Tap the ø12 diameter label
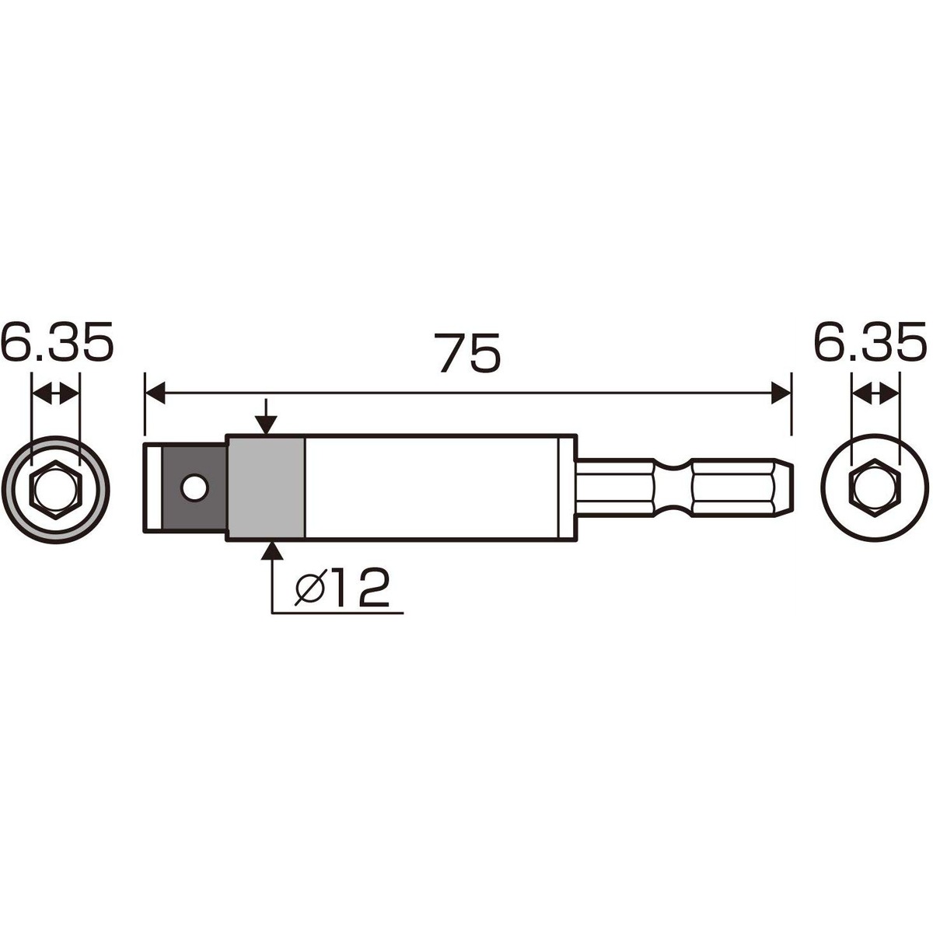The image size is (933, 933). coord(342,589)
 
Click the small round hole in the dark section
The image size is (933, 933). coord(194,487)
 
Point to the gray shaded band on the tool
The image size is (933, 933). coord(266,487)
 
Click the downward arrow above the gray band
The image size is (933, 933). coord(266,420)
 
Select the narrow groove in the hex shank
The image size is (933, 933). coord(673,487)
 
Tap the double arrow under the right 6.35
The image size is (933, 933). coord(876,395)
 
